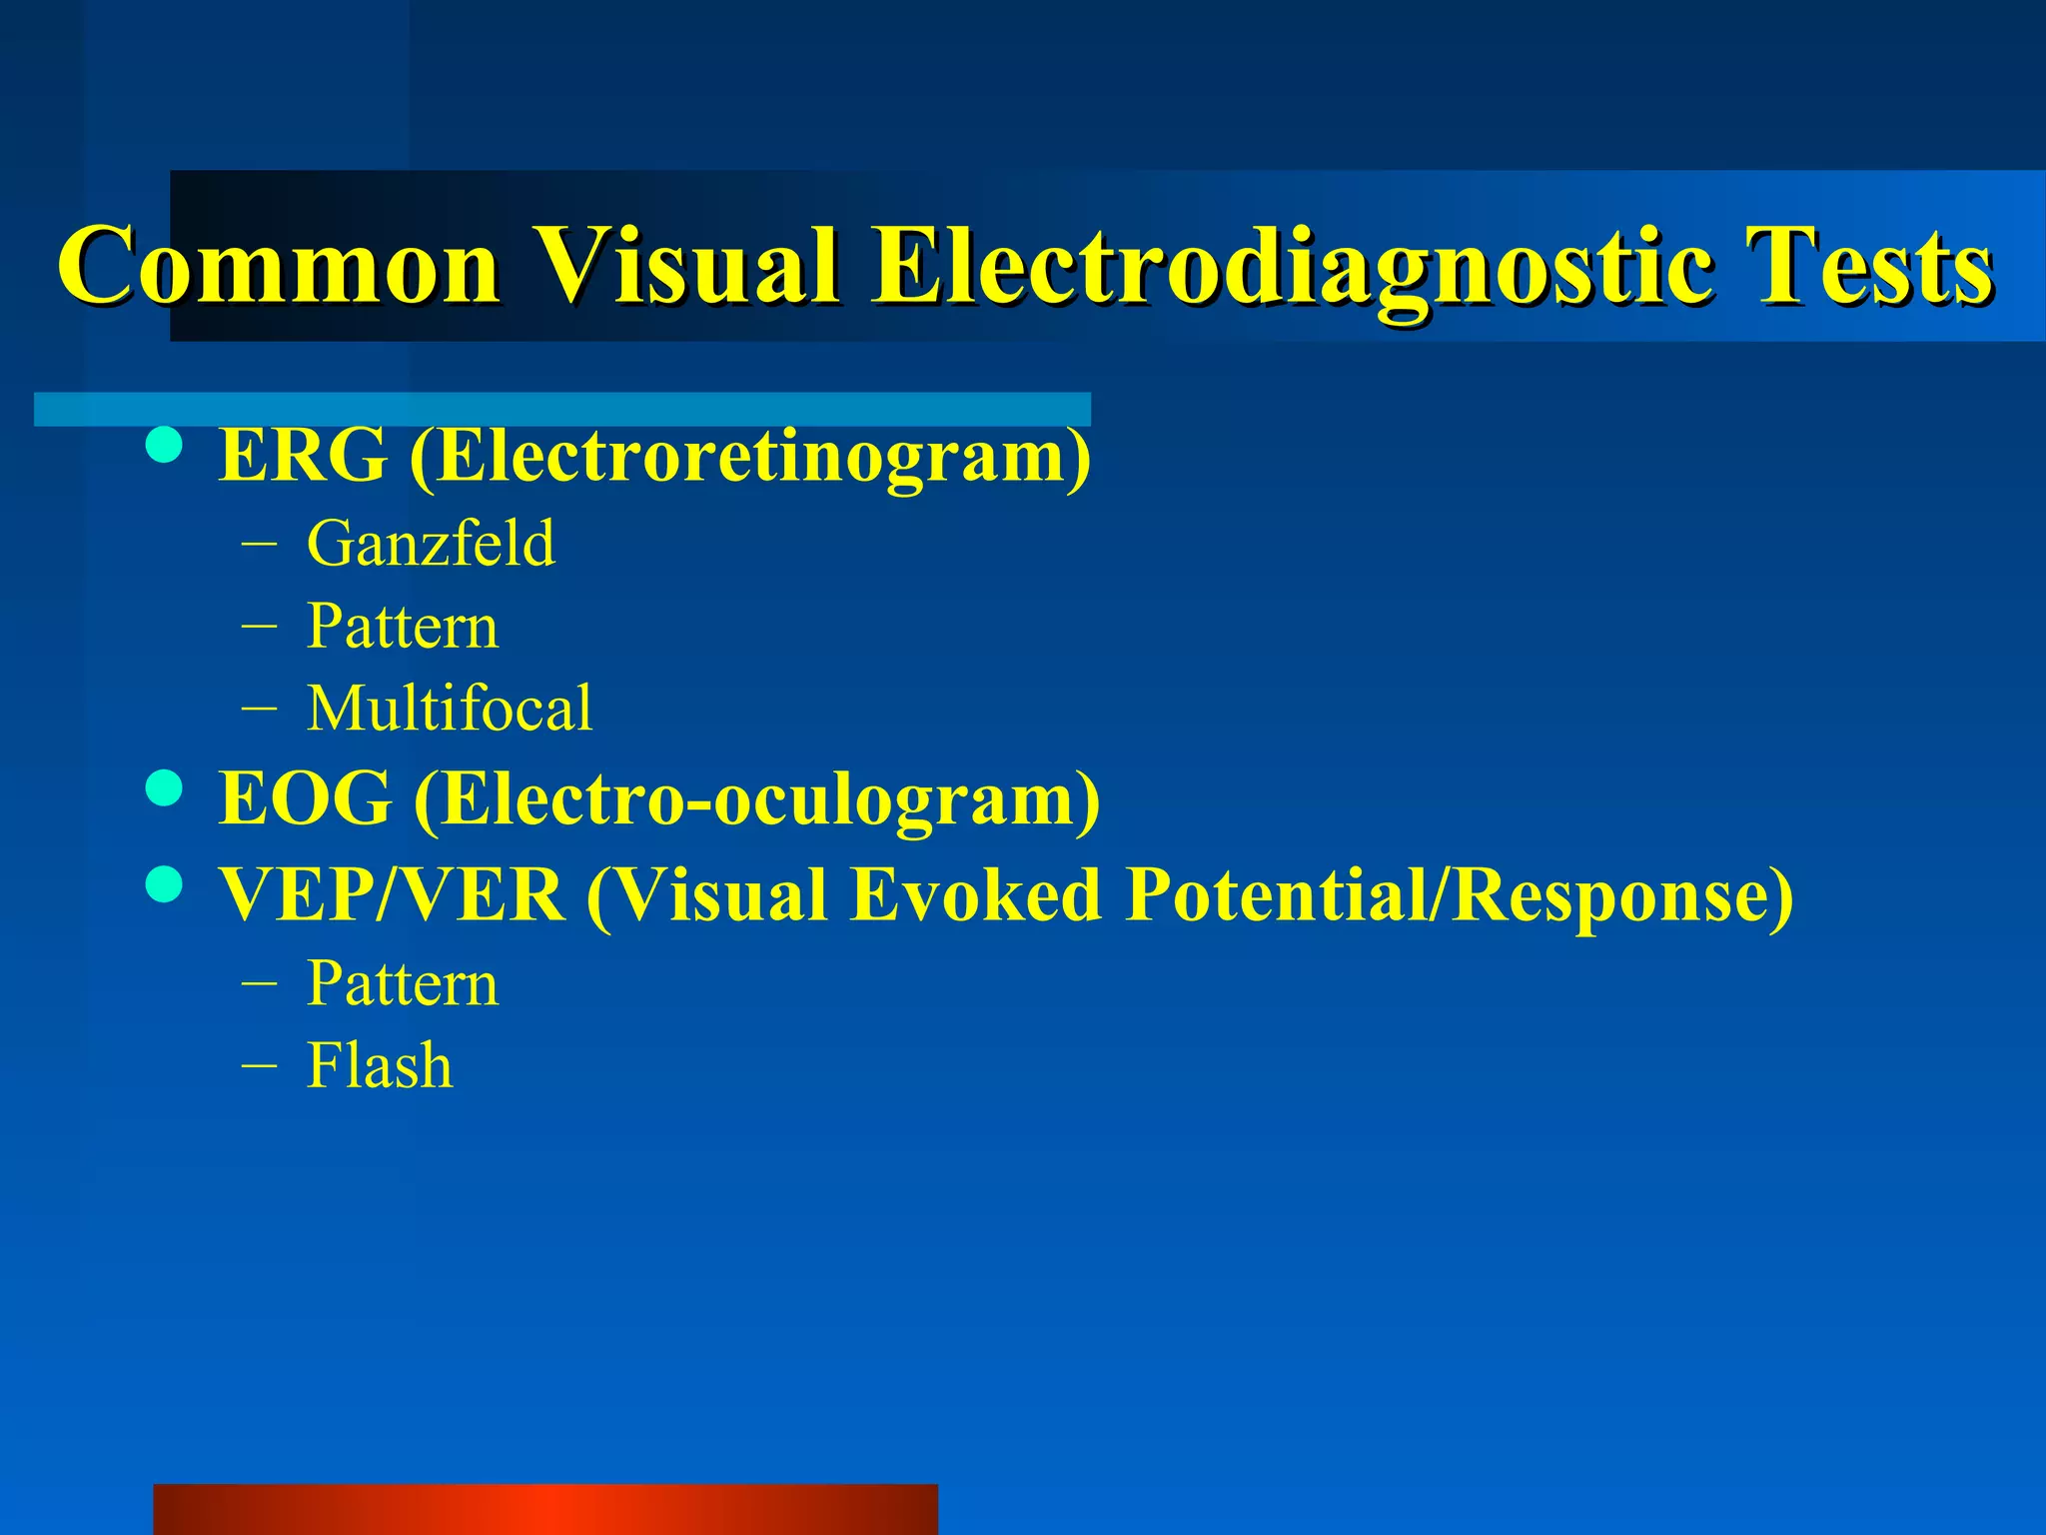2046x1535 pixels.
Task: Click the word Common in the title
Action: pyautogui.click(x=279, y=266)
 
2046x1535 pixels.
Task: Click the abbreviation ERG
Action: pyautogui.click(x=303, y=456)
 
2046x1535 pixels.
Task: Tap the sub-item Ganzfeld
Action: pyautogui.click(x=431, y=544)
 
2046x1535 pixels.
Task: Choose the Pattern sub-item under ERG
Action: pyautogui.click(x=402, y=627)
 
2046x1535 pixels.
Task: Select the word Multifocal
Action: pyautogui.click(x=450, y=709)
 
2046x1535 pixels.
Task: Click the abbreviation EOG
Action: pyautogui.click(x=305, y=799)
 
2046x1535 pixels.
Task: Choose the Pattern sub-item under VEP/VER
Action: pyautogui.click(x=402, y=983)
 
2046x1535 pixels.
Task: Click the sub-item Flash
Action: pyautogui.click(x=380, y=1065)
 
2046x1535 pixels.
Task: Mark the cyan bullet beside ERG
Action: pyautogui.click(x=164, y=446)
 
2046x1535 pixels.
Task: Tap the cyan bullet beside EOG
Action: pyautogui.click(x=164, y=788)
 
